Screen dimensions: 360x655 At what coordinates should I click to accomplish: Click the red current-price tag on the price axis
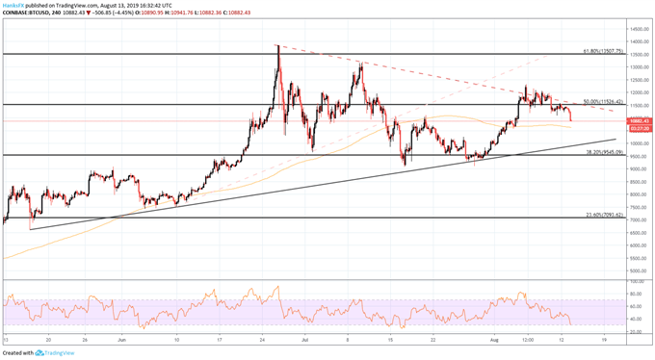[637, 120]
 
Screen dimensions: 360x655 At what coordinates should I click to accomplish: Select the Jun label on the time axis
[121, 340]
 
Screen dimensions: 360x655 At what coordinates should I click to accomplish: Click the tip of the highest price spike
[277, 45]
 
